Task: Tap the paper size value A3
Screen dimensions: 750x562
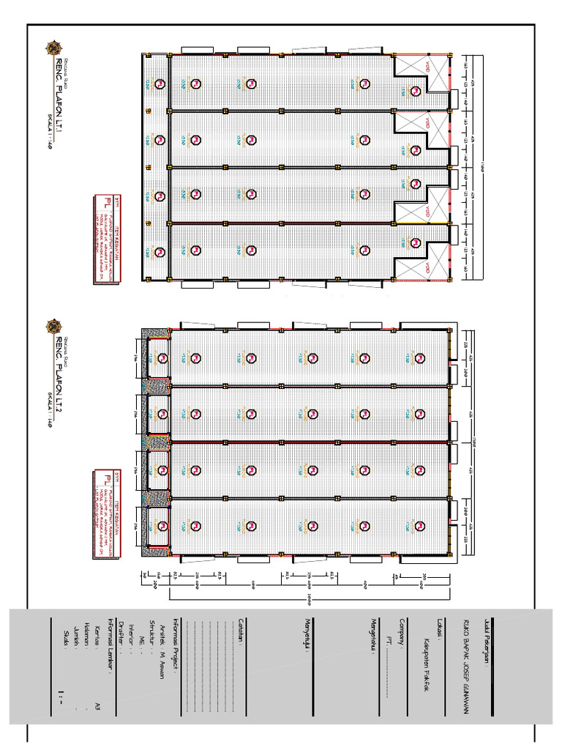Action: click(97, 705)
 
